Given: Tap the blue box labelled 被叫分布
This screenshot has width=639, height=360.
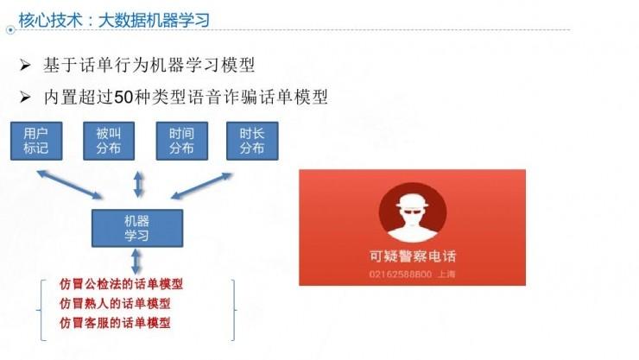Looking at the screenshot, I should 108,141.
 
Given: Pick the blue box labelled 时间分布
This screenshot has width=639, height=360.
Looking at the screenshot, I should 181,141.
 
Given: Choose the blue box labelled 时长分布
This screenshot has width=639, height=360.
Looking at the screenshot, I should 251,141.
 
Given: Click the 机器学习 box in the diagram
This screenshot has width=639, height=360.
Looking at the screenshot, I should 137,228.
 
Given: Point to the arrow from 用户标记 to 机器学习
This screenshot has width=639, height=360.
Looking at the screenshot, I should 68,185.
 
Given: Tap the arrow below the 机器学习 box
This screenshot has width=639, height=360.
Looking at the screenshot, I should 137,262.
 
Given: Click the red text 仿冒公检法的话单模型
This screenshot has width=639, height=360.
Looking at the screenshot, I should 121,284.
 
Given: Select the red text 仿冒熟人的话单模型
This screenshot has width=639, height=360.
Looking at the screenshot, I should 115,303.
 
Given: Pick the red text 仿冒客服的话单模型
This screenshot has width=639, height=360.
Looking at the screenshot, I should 115,323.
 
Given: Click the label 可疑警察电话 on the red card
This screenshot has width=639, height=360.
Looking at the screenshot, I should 412,256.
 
